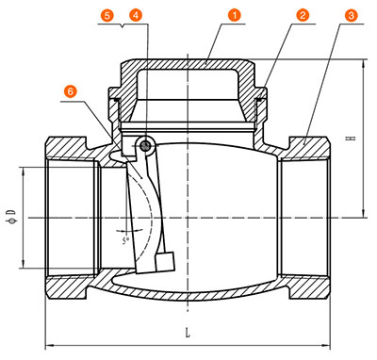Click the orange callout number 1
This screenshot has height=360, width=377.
(x=235, y=15)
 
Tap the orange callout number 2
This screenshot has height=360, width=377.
(x=303, y=15)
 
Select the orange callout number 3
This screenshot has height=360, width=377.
(x=352, y=15)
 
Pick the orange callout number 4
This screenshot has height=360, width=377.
(x=136, y=15)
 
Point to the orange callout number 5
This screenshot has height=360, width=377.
(x=107, y=15)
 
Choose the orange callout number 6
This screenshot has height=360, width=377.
(x=71, y=91)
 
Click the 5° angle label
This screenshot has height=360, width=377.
(x=125, y=241)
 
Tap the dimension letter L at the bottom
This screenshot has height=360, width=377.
(x=188, y=333)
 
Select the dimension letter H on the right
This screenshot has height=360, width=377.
(x=351, y=138)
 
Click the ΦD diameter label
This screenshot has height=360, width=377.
(x=12, y=218)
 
